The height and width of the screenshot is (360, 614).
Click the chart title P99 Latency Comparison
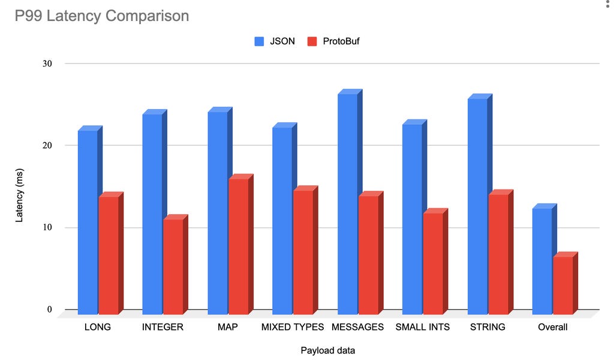tap(102, 16)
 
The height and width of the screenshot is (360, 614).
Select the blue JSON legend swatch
tap(260, 41)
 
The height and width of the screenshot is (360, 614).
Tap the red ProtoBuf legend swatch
tap(311, 41)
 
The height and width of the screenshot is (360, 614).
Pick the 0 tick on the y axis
tap(49, 310)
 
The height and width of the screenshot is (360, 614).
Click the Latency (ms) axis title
tap(19, 187)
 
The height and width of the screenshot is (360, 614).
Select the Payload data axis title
tap(327, 350)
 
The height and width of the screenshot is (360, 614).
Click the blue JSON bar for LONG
tap(88, 222)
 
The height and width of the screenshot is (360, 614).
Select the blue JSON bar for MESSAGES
tap(348, 204)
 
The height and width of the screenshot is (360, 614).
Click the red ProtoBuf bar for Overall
tap(563, 285)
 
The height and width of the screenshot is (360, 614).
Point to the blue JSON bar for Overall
tap(542, 261)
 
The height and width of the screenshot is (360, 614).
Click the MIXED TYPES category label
tap(293, 327)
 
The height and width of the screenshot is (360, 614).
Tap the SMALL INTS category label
tap(423, 327)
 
